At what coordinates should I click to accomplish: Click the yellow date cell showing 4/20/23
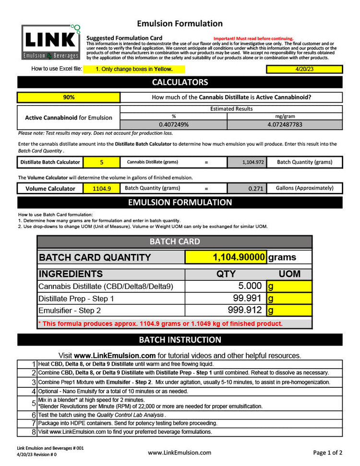[304, 69]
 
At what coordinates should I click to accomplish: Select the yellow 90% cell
[69, 97]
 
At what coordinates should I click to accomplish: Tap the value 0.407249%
[173, 124]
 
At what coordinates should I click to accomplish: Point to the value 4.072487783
[285, 124]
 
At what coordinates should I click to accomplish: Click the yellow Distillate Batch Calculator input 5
[102, 162]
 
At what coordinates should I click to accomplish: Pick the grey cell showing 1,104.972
[247, 162]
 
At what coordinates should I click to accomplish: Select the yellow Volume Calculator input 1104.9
[102, 188]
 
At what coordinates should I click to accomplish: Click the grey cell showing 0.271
[247, 188]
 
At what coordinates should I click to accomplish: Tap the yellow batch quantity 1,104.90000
[226, 257]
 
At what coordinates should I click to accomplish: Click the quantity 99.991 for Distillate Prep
[226, 298]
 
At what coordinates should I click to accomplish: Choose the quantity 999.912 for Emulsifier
[226, 310]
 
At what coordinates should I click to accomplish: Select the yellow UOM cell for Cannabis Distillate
[289, 286]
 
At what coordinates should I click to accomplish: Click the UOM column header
[289, 274]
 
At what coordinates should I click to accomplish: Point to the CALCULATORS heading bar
[180, 82]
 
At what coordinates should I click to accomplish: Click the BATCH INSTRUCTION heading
[180, 340]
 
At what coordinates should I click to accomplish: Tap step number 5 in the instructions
[34, 403]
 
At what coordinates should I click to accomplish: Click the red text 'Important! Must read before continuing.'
[253, 38]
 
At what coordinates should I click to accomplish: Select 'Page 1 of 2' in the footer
[328, 452]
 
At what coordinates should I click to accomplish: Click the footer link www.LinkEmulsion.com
[180, 452]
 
